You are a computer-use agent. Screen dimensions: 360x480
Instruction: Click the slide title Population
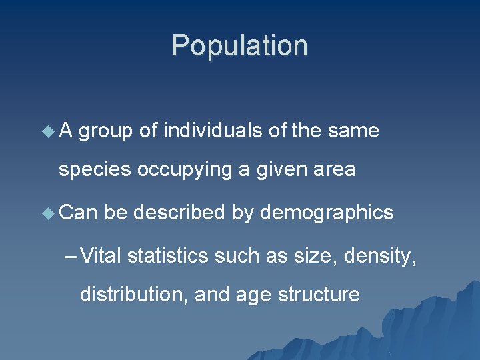(240, 46)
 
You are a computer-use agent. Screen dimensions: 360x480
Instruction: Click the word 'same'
(353, 131)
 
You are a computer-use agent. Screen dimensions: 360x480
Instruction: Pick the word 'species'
(95, 171)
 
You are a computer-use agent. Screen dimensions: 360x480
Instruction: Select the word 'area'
(333, 171)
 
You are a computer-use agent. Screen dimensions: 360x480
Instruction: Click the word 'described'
(179, 213)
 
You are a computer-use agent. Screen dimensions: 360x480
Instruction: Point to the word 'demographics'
(327, 213)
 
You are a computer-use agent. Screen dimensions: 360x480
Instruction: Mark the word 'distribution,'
(134, 294)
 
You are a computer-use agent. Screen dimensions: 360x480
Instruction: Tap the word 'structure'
(318, 294)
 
